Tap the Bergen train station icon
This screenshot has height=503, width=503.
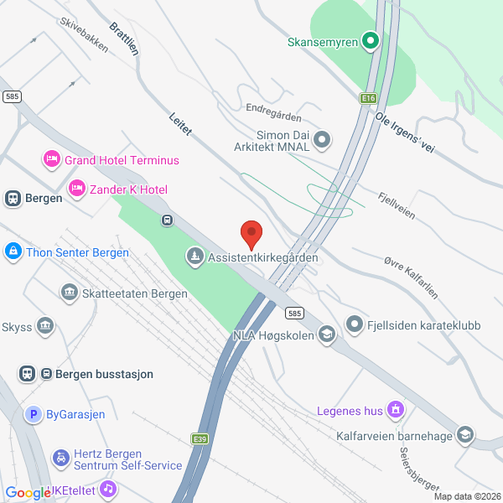tap(13, 199)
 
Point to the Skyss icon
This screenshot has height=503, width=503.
tap(44, 324)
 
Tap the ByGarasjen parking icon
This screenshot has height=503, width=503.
tap(33, 413)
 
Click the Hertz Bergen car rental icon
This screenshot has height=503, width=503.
tap(60, 458)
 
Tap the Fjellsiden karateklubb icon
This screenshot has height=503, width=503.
tap(355, 323)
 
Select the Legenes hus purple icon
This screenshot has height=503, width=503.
tap(397, 411)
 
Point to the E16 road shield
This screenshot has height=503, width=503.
tap(367, 98)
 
